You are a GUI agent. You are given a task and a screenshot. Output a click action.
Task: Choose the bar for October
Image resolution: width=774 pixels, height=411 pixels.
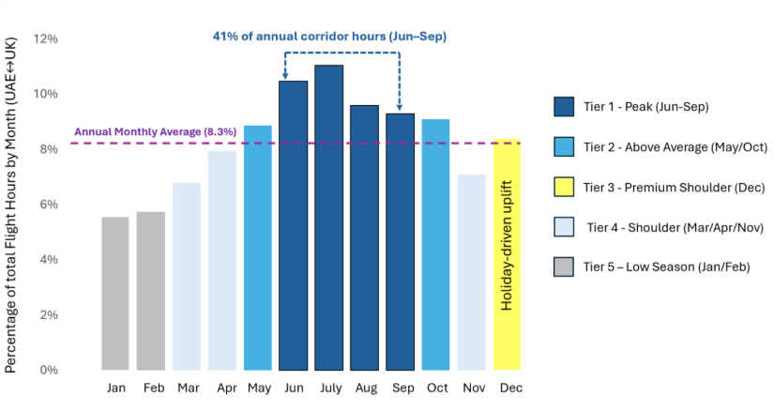[435, 244]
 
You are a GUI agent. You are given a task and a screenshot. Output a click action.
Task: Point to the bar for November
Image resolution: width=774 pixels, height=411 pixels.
[471, 272]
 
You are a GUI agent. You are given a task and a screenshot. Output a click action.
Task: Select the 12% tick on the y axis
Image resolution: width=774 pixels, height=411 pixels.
[45, 39]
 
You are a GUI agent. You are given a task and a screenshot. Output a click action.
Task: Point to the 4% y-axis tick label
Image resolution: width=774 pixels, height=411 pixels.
[48, 260]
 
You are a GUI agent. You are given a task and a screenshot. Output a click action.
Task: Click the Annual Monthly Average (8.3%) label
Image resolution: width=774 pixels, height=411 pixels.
[153, 132]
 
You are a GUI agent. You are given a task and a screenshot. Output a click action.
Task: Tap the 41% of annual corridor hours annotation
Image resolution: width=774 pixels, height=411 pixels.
[327, 36]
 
